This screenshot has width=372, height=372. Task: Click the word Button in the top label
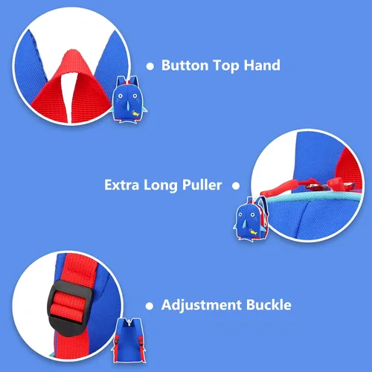coord(185,65)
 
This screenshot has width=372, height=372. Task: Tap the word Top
coord(226,66)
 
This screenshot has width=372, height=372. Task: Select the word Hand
coord(262,65)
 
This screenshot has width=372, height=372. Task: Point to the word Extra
coord(121,185)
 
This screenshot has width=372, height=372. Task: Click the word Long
coord(161,186)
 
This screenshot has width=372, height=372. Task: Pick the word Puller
coord(202,185)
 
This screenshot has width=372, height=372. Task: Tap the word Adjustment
coord(202,305)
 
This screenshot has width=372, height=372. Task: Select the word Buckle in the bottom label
coord(269,305)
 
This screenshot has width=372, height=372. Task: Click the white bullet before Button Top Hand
coord(150,66)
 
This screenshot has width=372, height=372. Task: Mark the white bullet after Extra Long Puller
coord(236,186)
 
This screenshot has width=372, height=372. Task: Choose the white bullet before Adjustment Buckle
coord(150,306)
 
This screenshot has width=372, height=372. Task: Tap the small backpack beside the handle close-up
coord(129,100)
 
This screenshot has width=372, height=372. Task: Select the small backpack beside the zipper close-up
coord(251,219)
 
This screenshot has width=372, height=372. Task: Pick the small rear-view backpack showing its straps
coord(129,340)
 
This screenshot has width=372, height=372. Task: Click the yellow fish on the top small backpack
coord(135,114)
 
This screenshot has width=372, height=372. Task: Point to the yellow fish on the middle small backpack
coord(253,232)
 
